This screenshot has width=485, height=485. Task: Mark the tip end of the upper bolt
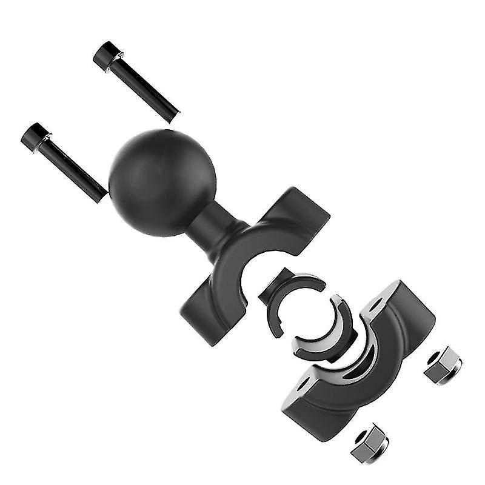[x=175, y=113]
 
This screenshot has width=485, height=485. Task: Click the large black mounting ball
[x=162, y=182]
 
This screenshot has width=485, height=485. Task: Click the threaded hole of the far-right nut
[x=436, y=358]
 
